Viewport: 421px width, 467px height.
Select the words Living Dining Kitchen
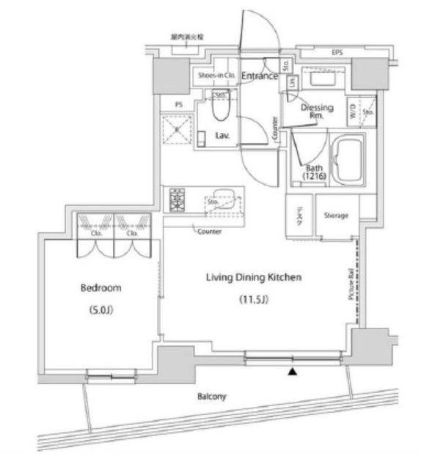255,277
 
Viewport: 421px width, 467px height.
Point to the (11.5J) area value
255,300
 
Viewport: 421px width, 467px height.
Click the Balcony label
211,397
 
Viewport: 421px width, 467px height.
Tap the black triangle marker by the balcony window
293,372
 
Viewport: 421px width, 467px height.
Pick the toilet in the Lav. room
219,110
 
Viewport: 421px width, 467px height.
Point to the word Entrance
260,76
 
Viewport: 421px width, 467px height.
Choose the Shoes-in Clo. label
215,75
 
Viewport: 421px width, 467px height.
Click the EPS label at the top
337,53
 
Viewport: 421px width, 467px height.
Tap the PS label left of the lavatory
178,105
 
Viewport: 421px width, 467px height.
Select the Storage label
336,216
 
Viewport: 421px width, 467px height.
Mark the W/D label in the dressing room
353,111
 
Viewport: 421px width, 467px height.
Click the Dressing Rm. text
318,111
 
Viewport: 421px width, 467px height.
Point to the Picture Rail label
351,287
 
